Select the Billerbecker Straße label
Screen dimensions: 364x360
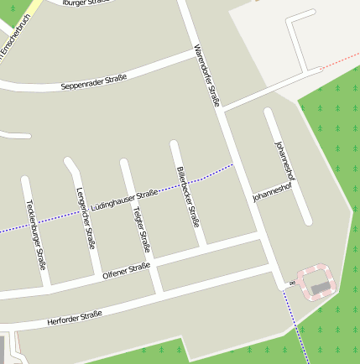pyautogui.click(x=188, y=197)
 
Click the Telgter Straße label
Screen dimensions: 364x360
pyautogui.click(x=141, y=230)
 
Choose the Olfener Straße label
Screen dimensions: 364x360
pyautogui.click(x=126, y=270)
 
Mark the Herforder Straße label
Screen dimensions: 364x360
pyautogui.click(x=75, y=318)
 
